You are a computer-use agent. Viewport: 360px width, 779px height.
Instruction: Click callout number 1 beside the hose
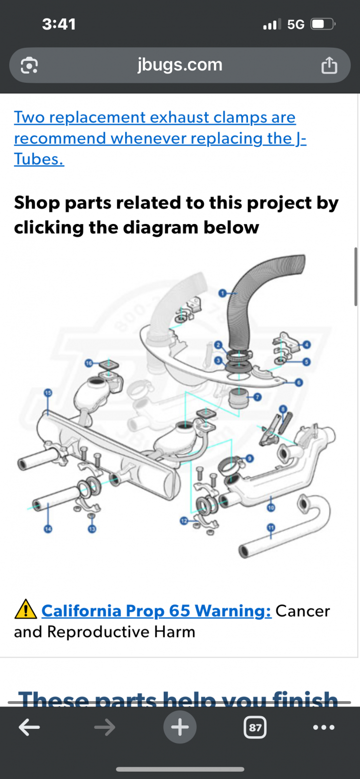(223, 293)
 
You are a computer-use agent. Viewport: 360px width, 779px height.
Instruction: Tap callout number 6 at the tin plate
(299, 383)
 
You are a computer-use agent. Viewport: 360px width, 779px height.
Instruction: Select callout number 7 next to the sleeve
(257, 397)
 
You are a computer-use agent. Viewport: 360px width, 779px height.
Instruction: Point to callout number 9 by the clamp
(249, 458)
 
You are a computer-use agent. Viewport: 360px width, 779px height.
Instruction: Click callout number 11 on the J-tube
(271, 527)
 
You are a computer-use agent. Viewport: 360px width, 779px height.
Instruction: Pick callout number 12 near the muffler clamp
(184, 521)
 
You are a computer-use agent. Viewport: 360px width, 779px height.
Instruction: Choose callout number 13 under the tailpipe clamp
(92, 529)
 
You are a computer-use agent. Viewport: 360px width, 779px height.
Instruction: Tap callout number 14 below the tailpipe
(48, 529)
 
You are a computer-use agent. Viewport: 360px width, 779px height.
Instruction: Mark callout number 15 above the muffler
(48, 392)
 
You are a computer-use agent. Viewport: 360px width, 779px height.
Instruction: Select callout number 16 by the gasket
(89, 363)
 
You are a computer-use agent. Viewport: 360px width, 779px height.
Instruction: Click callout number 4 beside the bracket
(306, 345)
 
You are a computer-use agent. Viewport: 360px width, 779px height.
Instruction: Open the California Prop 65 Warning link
(156, 611)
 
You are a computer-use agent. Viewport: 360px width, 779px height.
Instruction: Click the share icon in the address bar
(329, 65)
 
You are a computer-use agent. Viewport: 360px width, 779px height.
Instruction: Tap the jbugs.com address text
(180, 65)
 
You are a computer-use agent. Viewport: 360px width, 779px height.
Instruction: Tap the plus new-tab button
(180, 727)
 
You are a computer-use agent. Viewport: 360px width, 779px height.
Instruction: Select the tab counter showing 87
(255, 728)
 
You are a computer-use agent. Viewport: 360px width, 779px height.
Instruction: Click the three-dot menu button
(324, 727)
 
